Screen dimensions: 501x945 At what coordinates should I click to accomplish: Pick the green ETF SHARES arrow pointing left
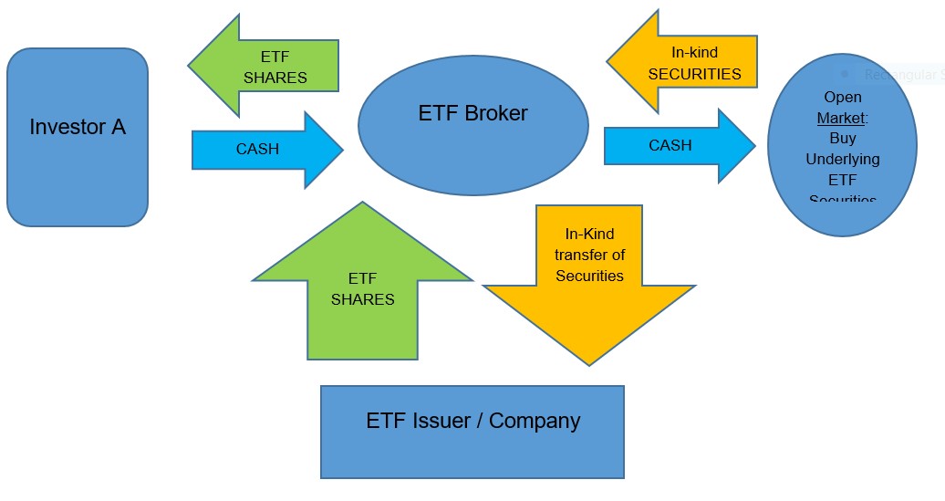pyautogui.click(x=265, y=67)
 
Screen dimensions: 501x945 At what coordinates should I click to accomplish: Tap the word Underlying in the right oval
pyautogui.click(x=843, y=159)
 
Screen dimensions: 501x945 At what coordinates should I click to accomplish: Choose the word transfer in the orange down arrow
pyautogui.click(x=589, y=255)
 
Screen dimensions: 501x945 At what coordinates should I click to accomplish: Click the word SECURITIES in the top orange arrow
pyautogui.click(x=695, y=74)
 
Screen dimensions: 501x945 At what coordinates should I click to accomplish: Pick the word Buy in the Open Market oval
pyautogui.click(x=843, y=139)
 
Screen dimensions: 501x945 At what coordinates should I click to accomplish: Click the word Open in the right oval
pyautogui.click(x=843, y=98)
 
